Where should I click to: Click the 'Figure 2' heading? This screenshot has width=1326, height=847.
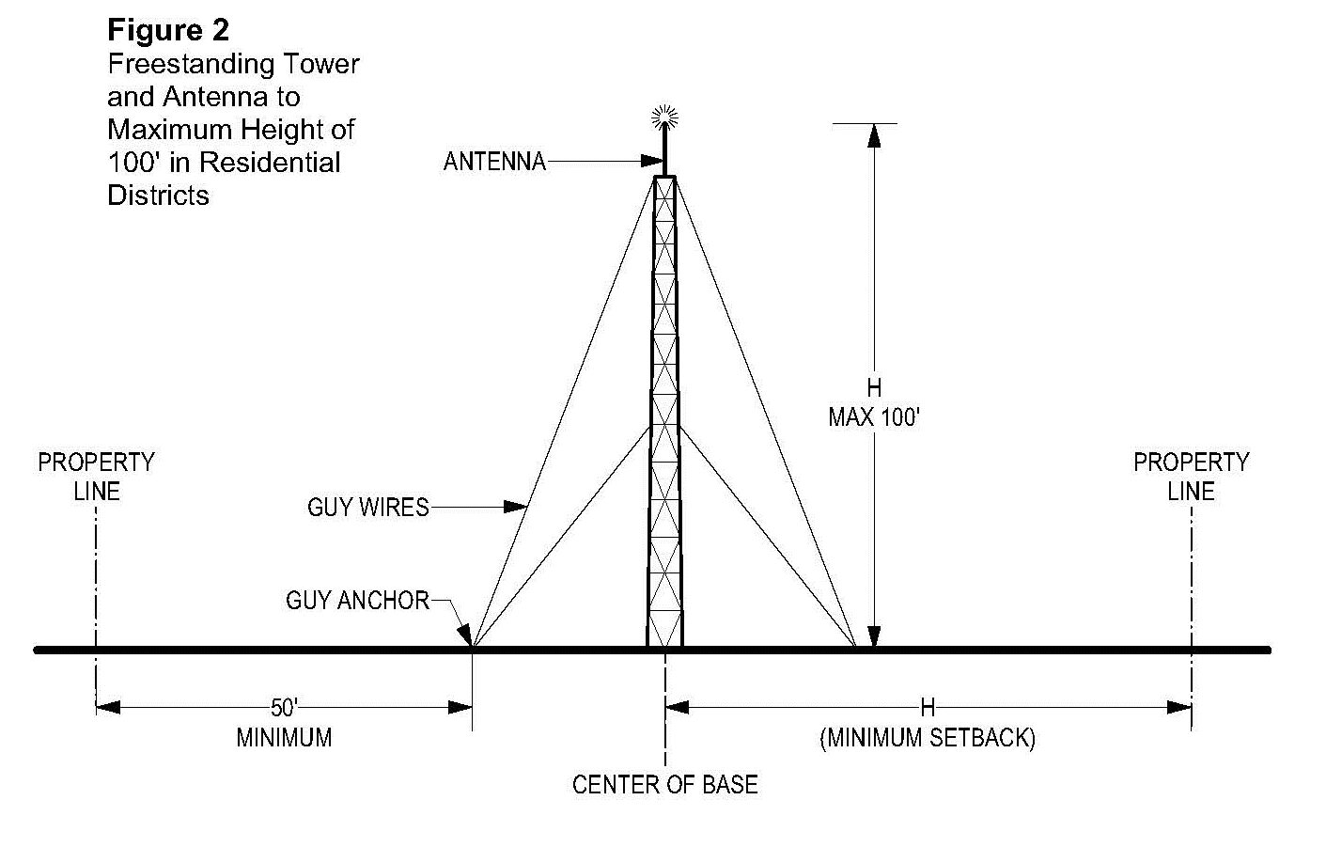(167, 30)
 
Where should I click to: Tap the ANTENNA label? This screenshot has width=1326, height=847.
(494, 162)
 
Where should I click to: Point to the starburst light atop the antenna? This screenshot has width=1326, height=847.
(664, 118)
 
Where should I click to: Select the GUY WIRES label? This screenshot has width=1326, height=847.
(367, 508)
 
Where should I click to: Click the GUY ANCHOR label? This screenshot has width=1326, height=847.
(357, 600)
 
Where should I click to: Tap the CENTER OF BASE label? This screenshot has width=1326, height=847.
(664, 784)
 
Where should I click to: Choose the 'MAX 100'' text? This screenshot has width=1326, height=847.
(873, 416)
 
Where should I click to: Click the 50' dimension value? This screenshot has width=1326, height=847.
(284, 708)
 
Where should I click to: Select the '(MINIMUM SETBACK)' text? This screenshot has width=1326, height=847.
(928, 738)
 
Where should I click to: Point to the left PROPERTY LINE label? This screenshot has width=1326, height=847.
(96, 477)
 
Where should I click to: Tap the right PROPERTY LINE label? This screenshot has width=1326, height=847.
(1191, 477)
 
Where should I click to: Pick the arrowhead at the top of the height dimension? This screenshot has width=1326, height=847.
(874, 135)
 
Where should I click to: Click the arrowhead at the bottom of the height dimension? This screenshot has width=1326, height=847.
(874, 636)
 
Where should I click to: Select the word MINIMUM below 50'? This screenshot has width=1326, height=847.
(284, 738)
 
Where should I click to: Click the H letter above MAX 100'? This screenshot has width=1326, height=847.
(874, 387)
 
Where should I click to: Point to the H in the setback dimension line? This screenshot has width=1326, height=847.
(928, 707)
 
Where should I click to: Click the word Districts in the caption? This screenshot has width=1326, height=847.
(158, 195)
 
